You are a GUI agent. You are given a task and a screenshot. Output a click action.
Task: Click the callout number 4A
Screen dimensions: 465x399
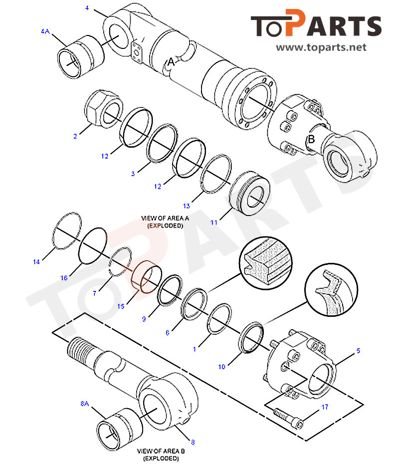pos(45,31)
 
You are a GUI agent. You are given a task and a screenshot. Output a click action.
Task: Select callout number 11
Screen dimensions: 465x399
pos(213,223)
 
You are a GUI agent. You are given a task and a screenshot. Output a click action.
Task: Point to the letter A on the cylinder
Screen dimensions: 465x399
pos(171,62)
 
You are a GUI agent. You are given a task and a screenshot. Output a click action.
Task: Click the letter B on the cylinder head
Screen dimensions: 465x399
pos(311,140)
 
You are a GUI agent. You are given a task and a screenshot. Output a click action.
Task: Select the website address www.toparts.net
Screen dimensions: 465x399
pos(321,48)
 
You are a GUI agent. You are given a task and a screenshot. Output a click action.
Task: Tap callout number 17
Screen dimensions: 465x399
pos(325,407)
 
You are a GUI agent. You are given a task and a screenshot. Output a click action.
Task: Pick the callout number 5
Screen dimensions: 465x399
pos(358,351)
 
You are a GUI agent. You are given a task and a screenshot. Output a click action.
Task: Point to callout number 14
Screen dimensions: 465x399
pos(36,261)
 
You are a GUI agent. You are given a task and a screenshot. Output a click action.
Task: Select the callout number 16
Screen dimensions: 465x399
pos(64,278)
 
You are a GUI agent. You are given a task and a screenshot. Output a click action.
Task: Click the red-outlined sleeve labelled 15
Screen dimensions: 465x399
pos(145,277)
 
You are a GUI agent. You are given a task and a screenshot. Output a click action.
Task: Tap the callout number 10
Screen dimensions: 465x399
pos(221,367)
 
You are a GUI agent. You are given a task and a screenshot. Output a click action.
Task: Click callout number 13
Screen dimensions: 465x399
pos(187,206)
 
